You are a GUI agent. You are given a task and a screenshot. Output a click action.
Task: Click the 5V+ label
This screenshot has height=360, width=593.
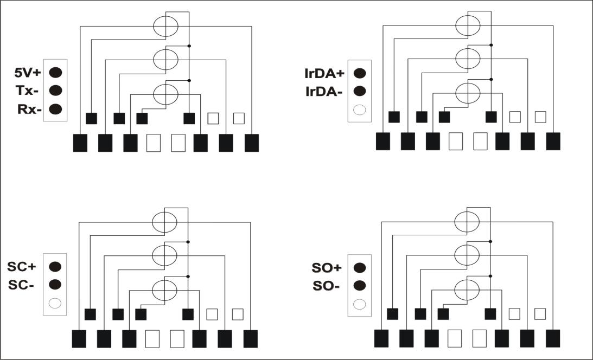[27, 72]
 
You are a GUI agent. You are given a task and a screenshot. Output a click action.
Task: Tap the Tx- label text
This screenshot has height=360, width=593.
[27, 91]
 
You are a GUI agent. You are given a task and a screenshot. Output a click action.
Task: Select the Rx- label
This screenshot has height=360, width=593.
[29, 109]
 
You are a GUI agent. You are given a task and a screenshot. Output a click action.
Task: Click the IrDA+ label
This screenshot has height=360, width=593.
[324, 73]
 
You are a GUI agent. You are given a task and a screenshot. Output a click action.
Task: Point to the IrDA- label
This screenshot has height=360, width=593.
[324, 92]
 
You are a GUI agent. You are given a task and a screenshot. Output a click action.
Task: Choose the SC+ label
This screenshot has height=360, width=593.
[22, 266]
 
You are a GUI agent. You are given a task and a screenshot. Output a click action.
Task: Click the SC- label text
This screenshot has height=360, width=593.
[21, 285]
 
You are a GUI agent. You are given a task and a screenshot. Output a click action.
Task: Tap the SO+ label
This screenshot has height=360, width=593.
[327, 268]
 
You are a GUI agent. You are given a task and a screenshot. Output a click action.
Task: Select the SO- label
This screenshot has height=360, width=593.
[326, 286]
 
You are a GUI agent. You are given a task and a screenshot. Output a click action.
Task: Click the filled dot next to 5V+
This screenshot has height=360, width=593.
[55, 72]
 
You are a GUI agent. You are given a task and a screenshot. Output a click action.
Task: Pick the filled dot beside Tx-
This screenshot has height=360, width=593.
[55, 91]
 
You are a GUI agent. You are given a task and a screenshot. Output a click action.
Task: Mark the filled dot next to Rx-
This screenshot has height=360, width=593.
[55, 109]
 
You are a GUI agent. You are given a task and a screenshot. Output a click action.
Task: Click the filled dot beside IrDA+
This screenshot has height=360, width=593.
[359, 73]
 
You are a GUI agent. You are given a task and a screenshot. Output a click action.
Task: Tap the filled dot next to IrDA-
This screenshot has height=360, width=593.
[359, 91]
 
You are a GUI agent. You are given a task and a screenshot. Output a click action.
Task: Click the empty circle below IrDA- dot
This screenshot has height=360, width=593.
[359, 110]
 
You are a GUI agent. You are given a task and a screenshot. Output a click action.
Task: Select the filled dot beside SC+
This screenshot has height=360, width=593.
[55, 267]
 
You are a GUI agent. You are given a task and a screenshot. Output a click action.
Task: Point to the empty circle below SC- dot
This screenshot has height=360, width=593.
[55, 303]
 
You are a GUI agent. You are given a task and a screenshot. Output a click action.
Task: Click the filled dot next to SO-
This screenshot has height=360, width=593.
[359, 286]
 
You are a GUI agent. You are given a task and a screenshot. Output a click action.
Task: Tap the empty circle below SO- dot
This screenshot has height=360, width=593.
[359, 304]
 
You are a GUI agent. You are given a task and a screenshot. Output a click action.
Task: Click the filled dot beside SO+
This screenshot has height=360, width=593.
[359, 267]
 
